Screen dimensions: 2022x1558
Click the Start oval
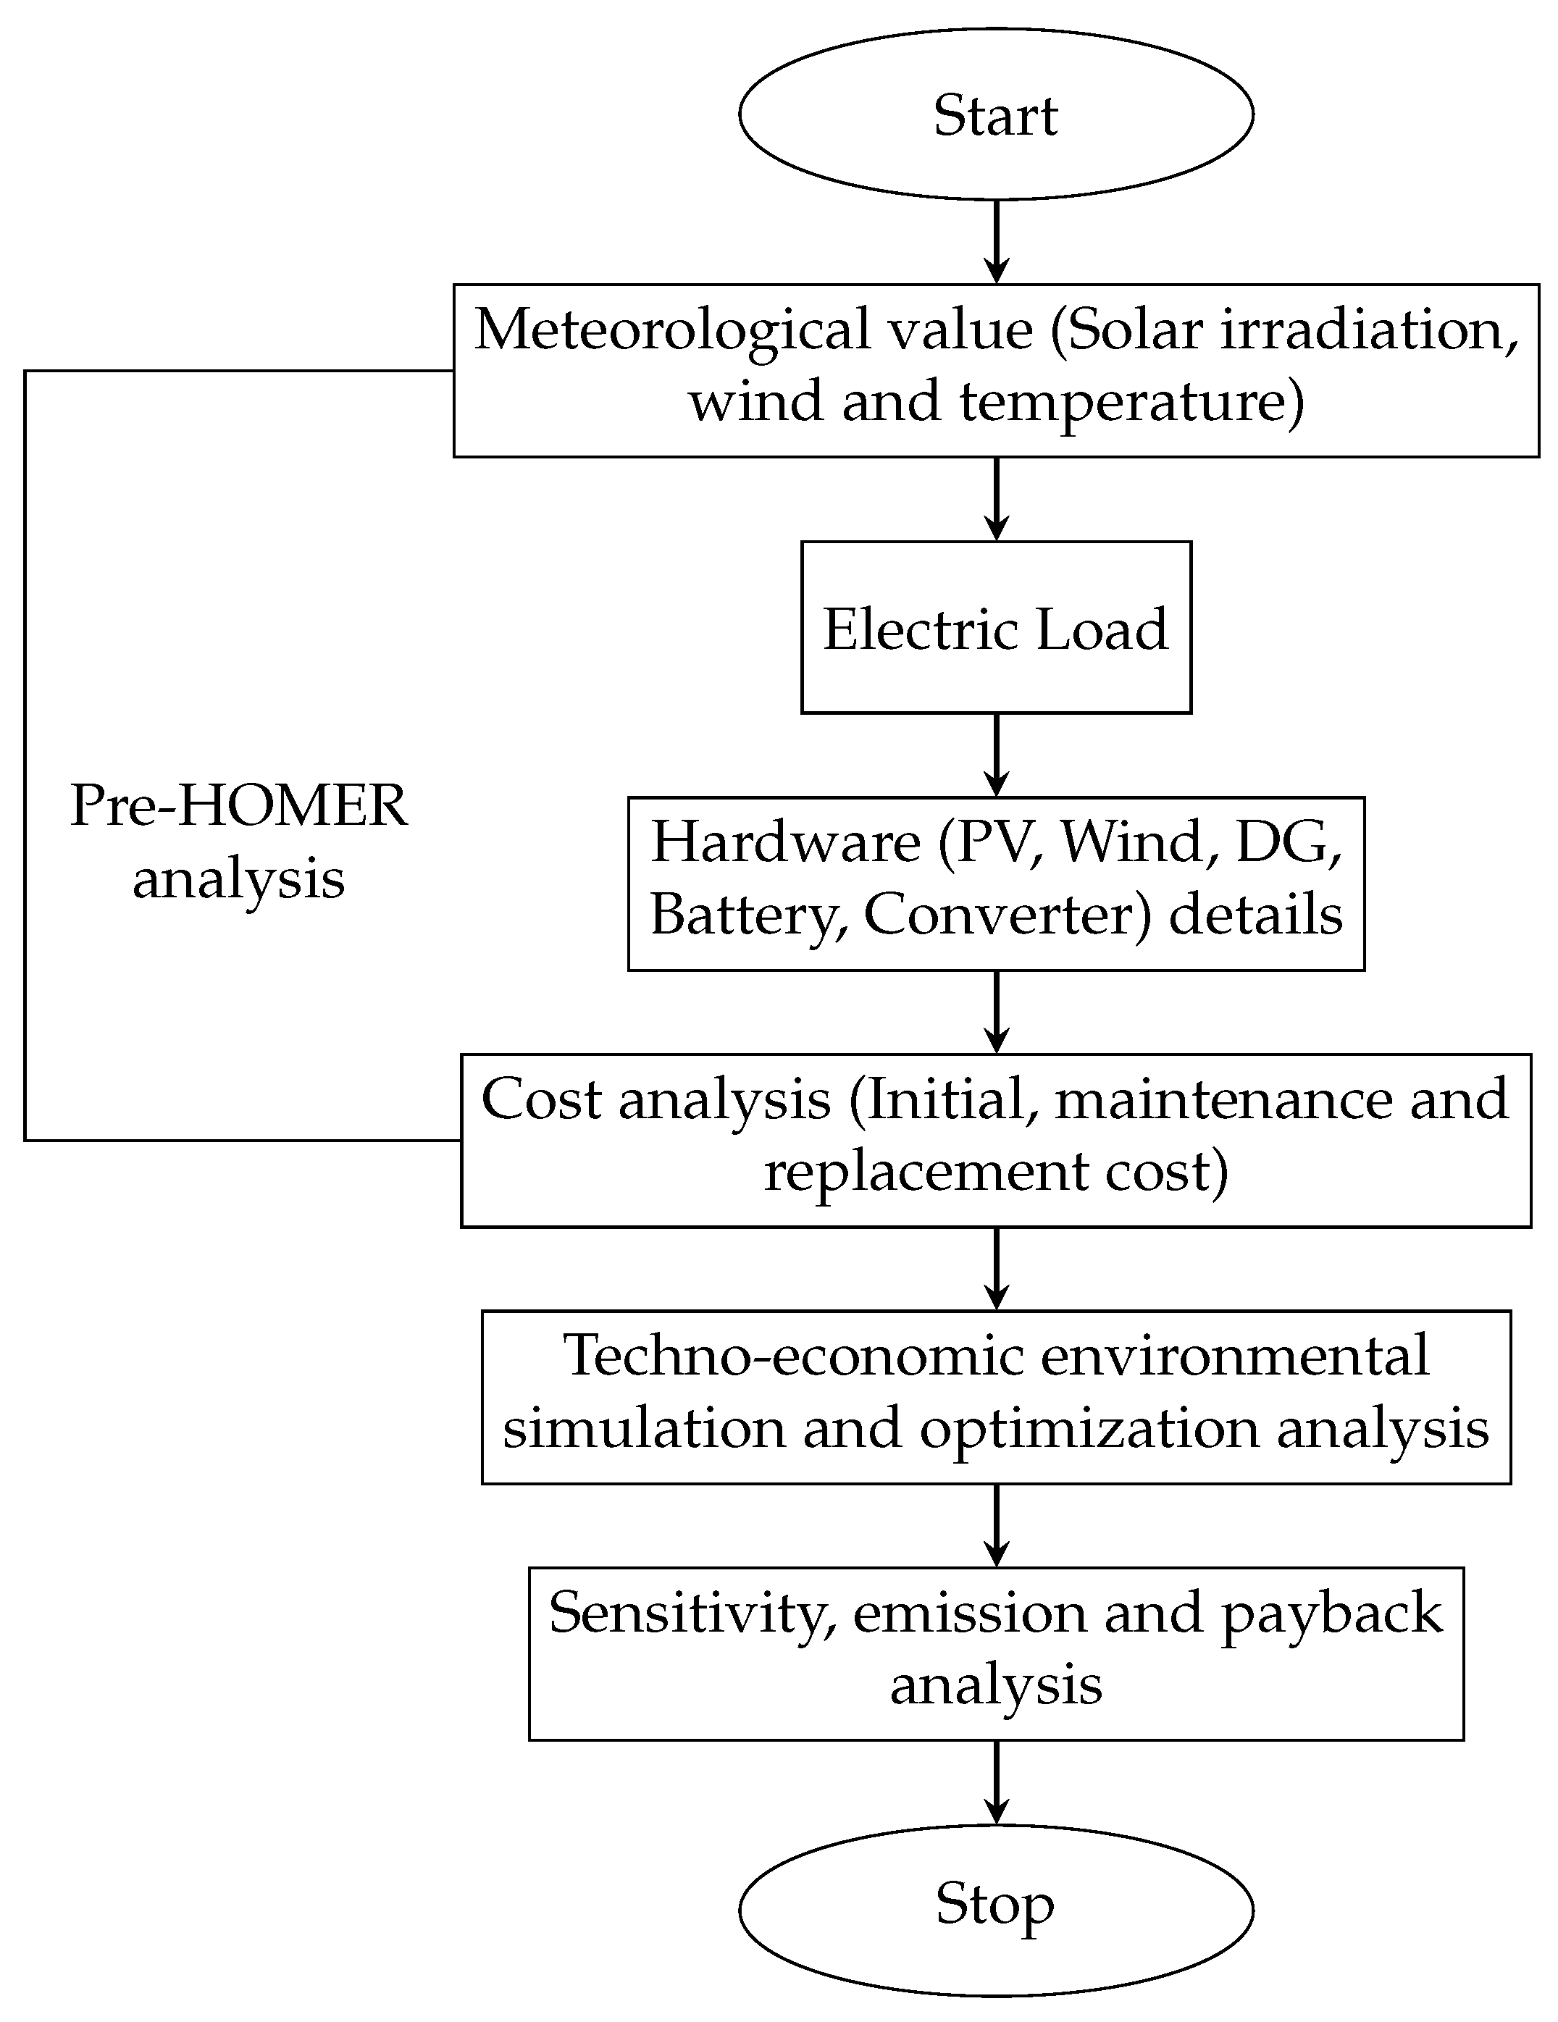[995, 114]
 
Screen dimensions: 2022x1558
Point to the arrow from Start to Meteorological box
[996, 240]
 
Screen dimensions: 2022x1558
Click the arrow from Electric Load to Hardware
[996, 755]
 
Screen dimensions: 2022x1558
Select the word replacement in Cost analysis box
[926, 1172]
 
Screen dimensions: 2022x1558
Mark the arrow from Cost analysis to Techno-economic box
[996, 1268]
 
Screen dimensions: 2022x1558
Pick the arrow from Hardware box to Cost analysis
[996, 1012]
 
